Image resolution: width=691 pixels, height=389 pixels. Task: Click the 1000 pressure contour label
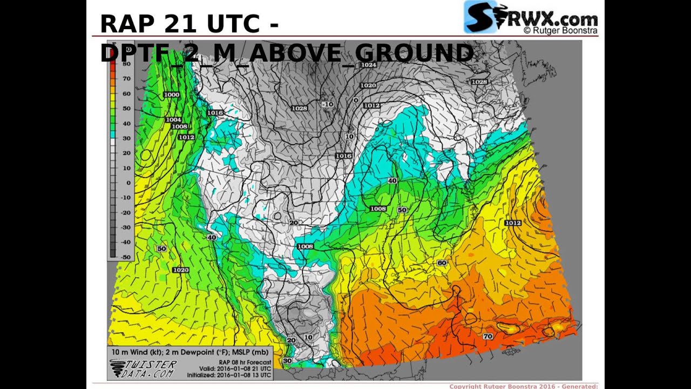click(172, 95)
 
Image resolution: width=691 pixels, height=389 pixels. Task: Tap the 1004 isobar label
click(173, 119)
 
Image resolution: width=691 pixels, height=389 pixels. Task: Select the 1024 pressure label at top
click(369, 65)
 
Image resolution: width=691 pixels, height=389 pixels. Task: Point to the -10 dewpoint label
click(328, 104)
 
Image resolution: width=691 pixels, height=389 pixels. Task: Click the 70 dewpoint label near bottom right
click(487, 336)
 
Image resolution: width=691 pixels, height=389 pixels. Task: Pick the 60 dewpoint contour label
click(442, 263)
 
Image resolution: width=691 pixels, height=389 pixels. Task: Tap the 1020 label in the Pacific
click(181, 270)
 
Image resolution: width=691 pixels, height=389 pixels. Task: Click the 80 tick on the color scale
click(126, 64)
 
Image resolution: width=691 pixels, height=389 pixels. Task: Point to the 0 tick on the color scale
click(128, 183)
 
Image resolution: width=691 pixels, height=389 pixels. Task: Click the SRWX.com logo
click(531, 17)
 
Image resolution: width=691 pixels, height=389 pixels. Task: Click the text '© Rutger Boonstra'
click(560, 31)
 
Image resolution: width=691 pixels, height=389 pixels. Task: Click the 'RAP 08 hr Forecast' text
click(245, 362)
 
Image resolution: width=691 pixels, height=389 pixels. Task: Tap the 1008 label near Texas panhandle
click(305, 246)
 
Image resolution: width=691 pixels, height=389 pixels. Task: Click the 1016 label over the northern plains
click(343, 156)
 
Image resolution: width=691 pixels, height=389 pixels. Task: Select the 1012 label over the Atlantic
click(513, 223)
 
